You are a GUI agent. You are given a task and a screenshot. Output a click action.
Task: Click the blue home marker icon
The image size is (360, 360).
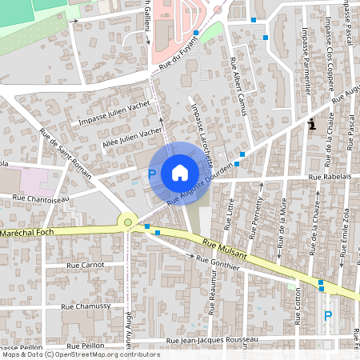coord(180,172)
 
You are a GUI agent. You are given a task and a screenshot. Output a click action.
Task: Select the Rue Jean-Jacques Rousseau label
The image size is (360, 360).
coord(208,339)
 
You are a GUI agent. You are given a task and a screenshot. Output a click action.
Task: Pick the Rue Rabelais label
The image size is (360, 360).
coord(330,177)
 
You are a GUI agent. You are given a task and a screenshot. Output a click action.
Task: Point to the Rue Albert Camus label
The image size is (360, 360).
coord(238,85)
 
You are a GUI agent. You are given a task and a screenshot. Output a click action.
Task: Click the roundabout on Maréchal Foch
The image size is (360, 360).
coord(126,222)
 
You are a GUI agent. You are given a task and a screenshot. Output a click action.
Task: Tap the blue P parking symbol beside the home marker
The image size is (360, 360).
coord(152,174)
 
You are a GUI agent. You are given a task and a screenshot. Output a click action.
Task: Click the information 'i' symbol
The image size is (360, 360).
coord(312,124)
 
